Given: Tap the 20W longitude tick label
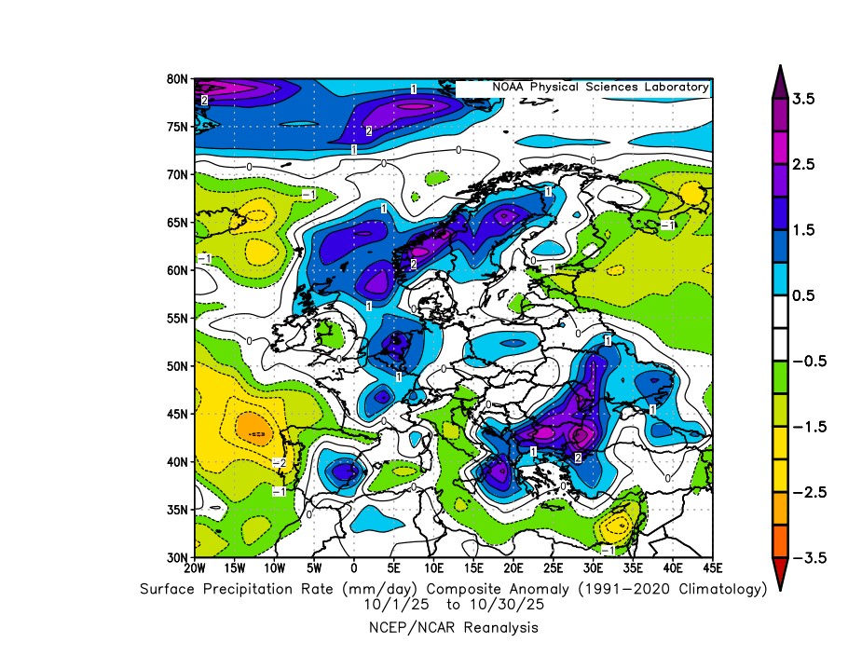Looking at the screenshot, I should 195,567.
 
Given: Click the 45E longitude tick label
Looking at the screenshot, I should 713,567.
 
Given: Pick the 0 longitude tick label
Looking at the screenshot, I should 354,567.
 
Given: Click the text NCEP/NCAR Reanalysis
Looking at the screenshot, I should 454,628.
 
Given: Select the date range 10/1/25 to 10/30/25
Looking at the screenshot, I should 454,604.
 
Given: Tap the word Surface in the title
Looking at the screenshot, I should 171,588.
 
